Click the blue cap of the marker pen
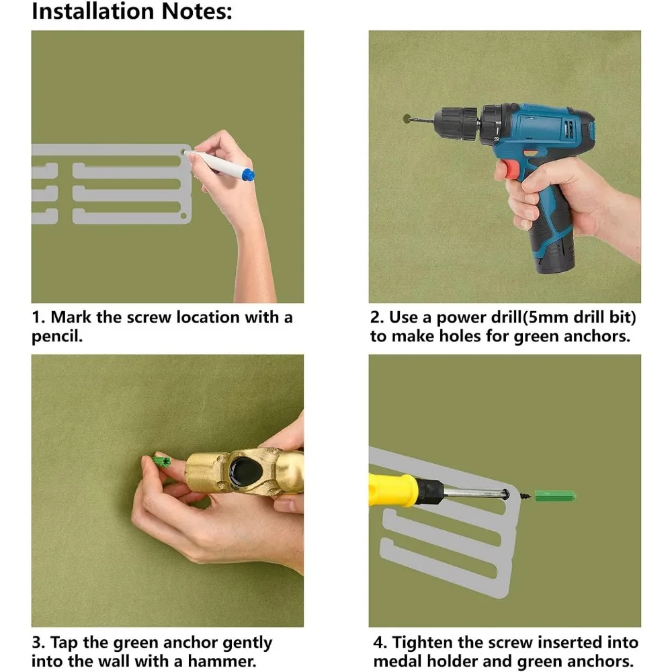pos(248,175)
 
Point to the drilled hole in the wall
pos(408,119)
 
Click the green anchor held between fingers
pos(161,462)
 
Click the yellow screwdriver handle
pos(392,489)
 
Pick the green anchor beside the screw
pos(555,497)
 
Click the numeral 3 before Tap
pos(37,642)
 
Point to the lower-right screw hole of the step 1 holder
pos(184,216)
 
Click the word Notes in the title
pos(196,11)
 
